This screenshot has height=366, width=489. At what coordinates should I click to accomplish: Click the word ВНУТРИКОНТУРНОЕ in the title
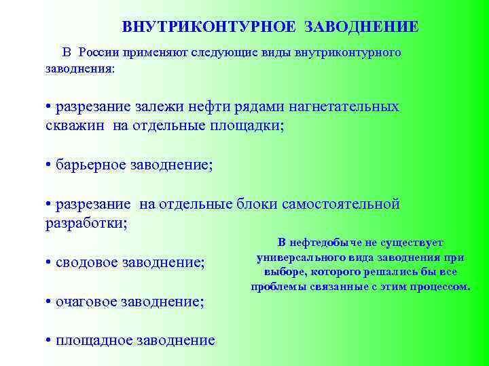tap(209, 27)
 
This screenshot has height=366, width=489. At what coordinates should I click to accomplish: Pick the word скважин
tap(72, 125)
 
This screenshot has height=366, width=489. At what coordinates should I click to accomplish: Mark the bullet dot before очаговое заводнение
tap(49, 302)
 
